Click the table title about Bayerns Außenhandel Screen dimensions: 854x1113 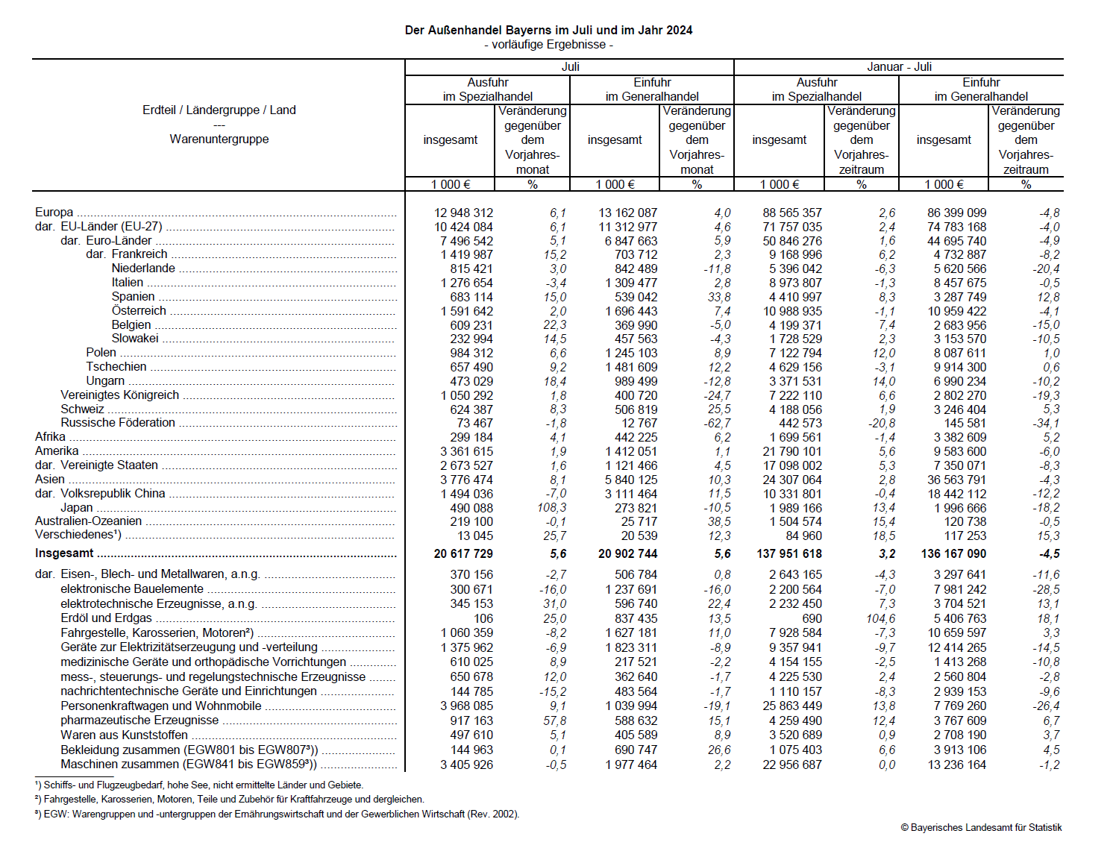coord(548,31)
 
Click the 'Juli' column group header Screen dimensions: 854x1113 coord(570,67)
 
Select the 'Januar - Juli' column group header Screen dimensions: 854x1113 coord(899,67)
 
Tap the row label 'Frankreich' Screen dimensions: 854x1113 coord(139,254)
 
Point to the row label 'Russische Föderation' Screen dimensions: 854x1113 coord(118,423)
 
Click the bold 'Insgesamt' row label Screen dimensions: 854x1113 coord(64,553)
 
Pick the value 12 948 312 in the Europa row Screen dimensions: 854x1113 coord(463,213)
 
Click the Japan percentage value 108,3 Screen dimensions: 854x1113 coord(551,508)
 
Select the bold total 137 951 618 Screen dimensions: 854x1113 coord(789,554)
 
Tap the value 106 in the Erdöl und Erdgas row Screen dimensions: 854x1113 coord(483,618)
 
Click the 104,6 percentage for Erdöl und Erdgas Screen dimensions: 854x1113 coord(880,618)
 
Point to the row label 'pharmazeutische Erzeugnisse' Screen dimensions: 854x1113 coord(139,720)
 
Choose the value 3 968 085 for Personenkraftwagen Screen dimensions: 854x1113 coord(466,706)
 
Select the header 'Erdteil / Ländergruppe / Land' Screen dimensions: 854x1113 coord(219,110)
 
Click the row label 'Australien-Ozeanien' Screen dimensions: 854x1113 coord(88,521)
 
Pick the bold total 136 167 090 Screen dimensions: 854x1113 coord(953,554)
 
